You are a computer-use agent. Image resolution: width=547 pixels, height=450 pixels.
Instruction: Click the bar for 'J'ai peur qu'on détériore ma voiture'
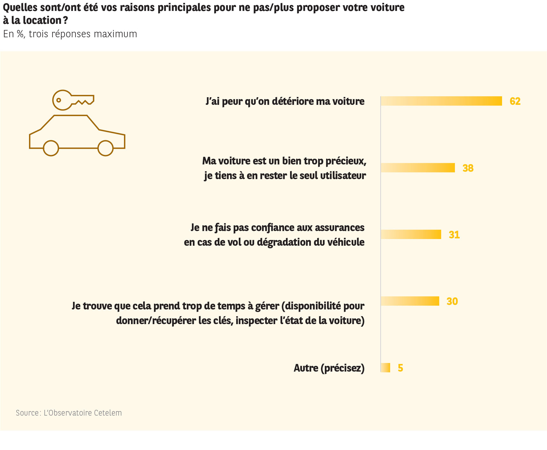coord(441,101)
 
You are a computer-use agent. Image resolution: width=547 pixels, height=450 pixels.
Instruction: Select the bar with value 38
coord(418,168)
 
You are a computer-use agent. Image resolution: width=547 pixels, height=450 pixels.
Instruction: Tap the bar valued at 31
coord(411,234)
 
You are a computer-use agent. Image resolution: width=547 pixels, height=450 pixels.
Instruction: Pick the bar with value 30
coord(410,301)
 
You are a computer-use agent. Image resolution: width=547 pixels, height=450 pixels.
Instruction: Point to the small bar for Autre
coord(385,367)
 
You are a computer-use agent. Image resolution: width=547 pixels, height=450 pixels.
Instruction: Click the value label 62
coord(515,101)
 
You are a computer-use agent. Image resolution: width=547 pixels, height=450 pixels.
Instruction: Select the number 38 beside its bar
coord(468,168)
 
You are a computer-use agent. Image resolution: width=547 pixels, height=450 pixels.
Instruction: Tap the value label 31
coord(454,235)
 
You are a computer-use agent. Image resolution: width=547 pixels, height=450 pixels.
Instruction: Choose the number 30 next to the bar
coord(452,301)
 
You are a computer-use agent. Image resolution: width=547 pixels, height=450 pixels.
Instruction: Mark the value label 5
coord(400,368)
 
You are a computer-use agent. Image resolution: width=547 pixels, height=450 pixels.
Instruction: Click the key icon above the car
coord(73,100)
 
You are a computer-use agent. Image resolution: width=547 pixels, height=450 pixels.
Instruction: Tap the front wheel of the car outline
coord(51,148)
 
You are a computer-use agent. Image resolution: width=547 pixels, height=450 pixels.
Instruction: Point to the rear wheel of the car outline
coord(106,148)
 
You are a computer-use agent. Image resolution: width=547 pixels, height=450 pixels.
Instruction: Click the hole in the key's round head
coord(59,100)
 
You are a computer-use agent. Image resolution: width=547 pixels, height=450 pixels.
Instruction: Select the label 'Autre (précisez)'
coord(329,368)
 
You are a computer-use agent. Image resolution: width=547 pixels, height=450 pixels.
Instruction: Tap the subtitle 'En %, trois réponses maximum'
coord(70,34)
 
